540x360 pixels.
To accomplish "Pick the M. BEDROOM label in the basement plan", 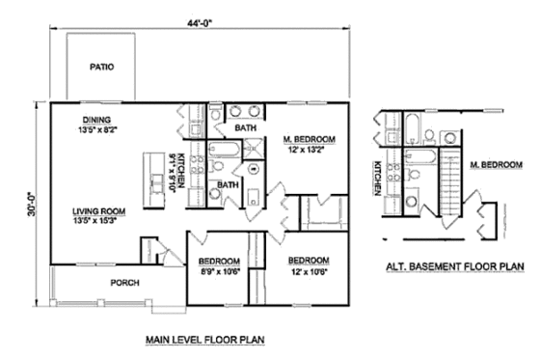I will (495, 165).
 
